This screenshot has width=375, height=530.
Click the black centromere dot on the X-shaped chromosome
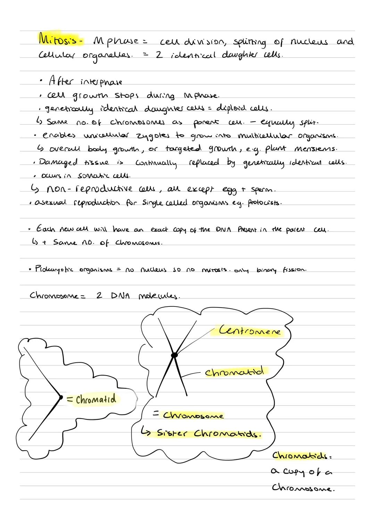click(174, 355)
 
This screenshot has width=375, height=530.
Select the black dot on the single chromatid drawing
click(61, 397)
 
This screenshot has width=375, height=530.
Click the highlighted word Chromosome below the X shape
click(193, 415)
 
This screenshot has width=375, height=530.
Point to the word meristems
click(316, 149)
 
